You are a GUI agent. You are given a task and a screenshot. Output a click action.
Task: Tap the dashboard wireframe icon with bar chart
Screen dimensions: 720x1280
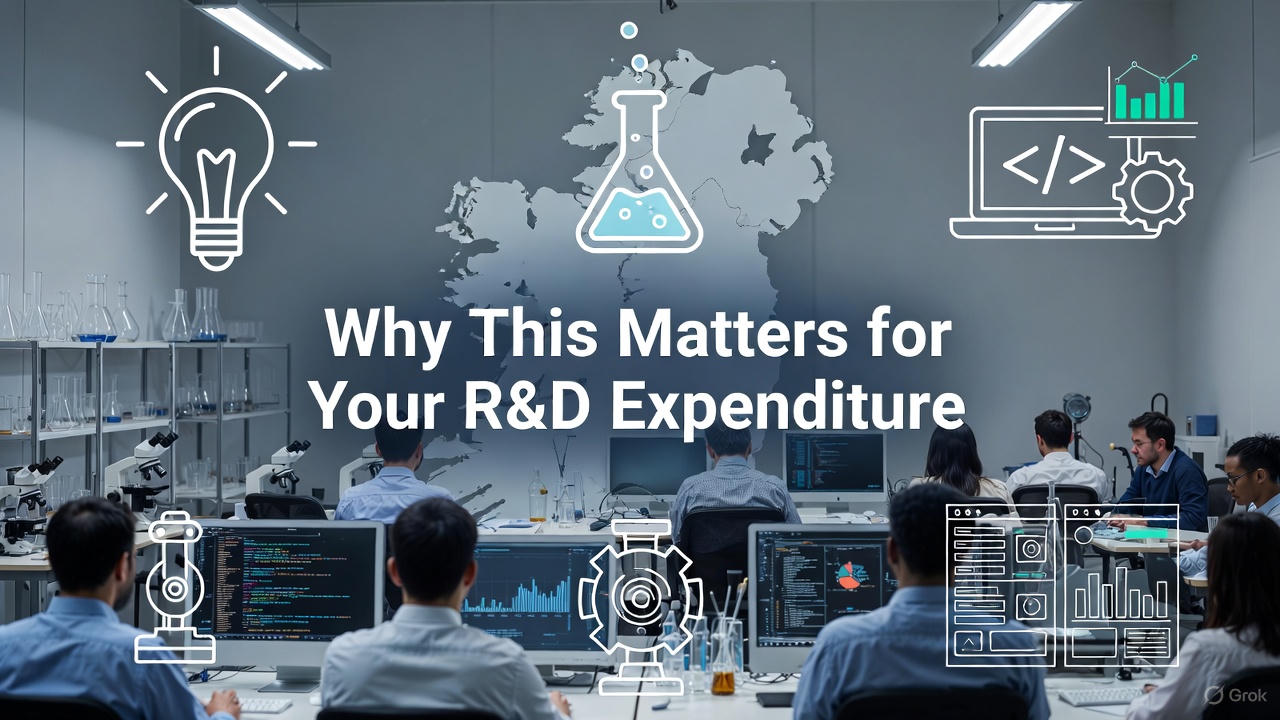(x=1062, y=585)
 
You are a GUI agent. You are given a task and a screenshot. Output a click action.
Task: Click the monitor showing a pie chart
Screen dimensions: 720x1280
(x=820, y=581)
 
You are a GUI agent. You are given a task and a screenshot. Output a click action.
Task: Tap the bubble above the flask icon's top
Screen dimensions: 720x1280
(x=628, y=31)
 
